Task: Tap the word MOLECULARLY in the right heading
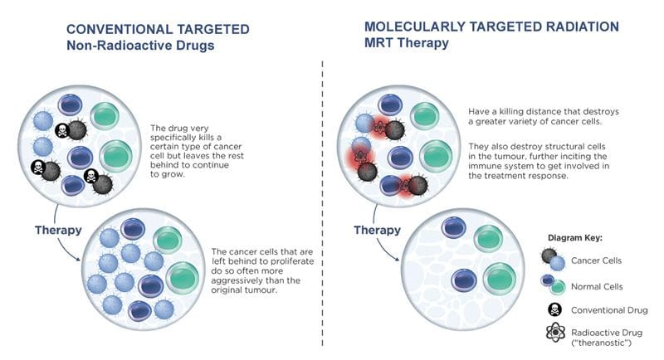415,27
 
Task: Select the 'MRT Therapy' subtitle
407,43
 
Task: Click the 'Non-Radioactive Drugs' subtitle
140,46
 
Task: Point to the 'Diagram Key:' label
574,238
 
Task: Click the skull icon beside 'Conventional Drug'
554,309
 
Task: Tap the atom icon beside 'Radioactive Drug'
555,333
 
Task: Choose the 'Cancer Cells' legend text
596,260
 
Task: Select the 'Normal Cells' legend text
597,287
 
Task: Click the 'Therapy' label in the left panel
58,230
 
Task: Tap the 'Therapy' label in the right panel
377,230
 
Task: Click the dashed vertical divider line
322,203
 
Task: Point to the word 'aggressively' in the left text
233,281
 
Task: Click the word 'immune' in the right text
483,166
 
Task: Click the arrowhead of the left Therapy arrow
77,259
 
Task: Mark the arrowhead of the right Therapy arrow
397,259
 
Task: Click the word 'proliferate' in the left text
292,261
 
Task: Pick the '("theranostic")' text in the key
601,343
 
